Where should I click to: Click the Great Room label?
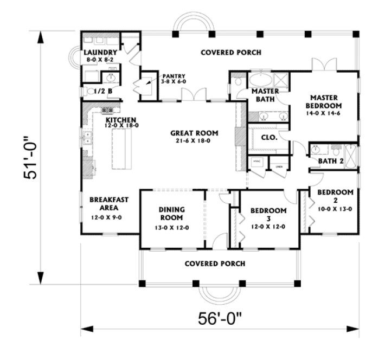tap(194, 133)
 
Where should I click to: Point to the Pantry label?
tap(174, 76)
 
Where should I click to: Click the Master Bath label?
tap(265, 95)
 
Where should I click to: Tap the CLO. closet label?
tap(269, 138)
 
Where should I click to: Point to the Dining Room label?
tap(173, 214)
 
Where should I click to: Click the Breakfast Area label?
tap(109, 203)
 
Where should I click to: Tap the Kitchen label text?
tap(120, 120)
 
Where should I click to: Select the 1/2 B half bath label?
tap(103, 92)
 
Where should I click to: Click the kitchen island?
tap(123, 150)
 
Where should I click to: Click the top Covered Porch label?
tap(230, 53)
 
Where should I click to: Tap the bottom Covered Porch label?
tap(215, 263)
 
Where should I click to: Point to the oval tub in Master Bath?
tap(262, 80)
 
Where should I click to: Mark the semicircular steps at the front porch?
tap(214, 293)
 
